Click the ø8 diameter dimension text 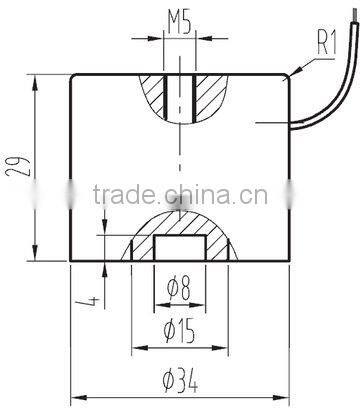coord(180,291)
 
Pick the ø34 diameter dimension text coord(180,378)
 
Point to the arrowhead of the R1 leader coord(292,74)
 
